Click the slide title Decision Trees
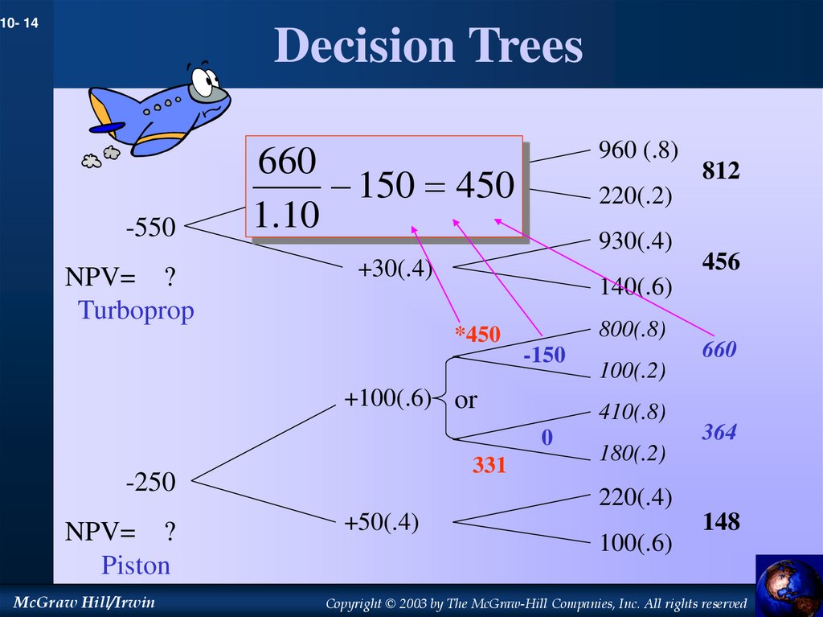[x=428, y=46]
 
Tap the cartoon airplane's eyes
[x=206, y=81]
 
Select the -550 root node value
[x=150, y=228]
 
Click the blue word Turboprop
[x=136, y=311]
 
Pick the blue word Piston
[x=136, y=566]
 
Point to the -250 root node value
[x=150, y=482]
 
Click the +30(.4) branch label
[x=395, y=269]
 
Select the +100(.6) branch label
[x=387, y=399]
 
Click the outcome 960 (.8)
[x=638, y=150]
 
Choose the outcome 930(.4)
[x=635, y=241]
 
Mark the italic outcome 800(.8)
[x=632, y=330]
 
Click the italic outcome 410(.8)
[x=632, y=413]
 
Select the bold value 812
[x=721, y=171]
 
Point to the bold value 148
[x=721, y=522]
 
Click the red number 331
[x=489, y=465]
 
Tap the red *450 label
[x=477, y=335]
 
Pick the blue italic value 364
[x=719, y=432]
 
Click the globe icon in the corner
[x=788, y=586]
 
